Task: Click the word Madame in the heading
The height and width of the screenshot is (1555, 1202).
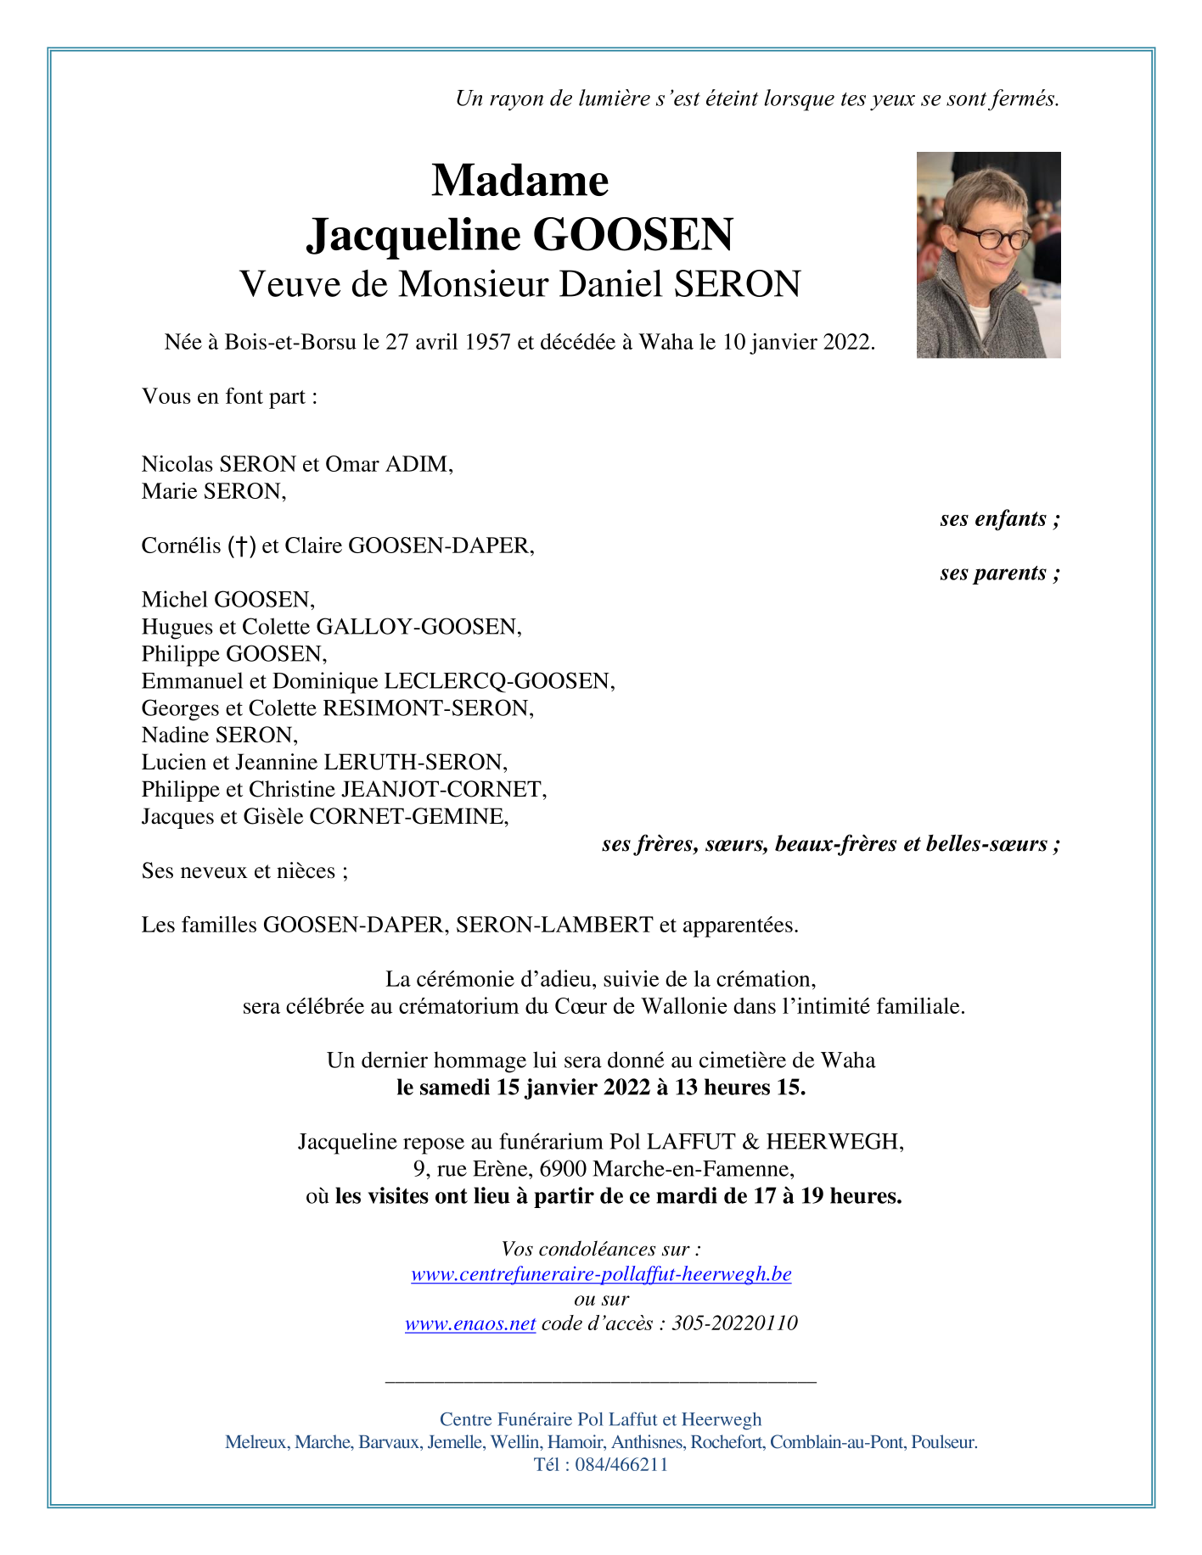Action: [x=520, y=181]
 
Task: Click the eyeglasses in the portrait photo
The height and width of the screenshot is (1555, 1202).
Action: [x=991, y=238]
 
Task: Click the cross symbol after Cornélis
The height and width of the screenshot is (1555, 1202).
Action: [x=242, y=545]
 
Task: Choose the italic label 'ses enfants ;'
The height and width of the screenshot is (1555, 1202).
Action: [x=999, y=518]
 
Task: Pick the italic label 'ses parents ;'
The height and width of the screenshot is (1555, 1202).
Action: [x=999, y=573]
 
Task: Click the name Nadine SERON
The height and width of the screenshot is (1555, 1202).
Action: [x=219, y=735]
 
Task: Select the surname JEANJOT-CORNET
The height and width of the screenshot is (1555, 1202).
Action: [x=443, y=789]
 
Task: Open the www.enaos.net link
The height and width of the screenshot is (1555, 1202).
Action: [x=470, y=1323]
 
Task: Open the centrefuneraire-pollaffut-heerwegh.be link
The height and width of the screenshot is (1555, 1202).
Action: [x=601, y=1273]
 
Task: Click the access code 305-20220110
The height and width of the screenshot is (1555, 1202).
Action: [x=734, y=1323]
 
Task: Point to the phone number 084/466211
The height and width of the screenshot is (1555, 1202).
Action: [x=621, y=1464]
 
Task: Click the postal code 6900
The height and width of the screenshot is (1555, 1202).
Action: [x=563, y=1168]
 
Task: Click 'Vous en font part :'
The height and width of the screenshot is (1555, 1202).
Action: [x=229, y=396]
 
